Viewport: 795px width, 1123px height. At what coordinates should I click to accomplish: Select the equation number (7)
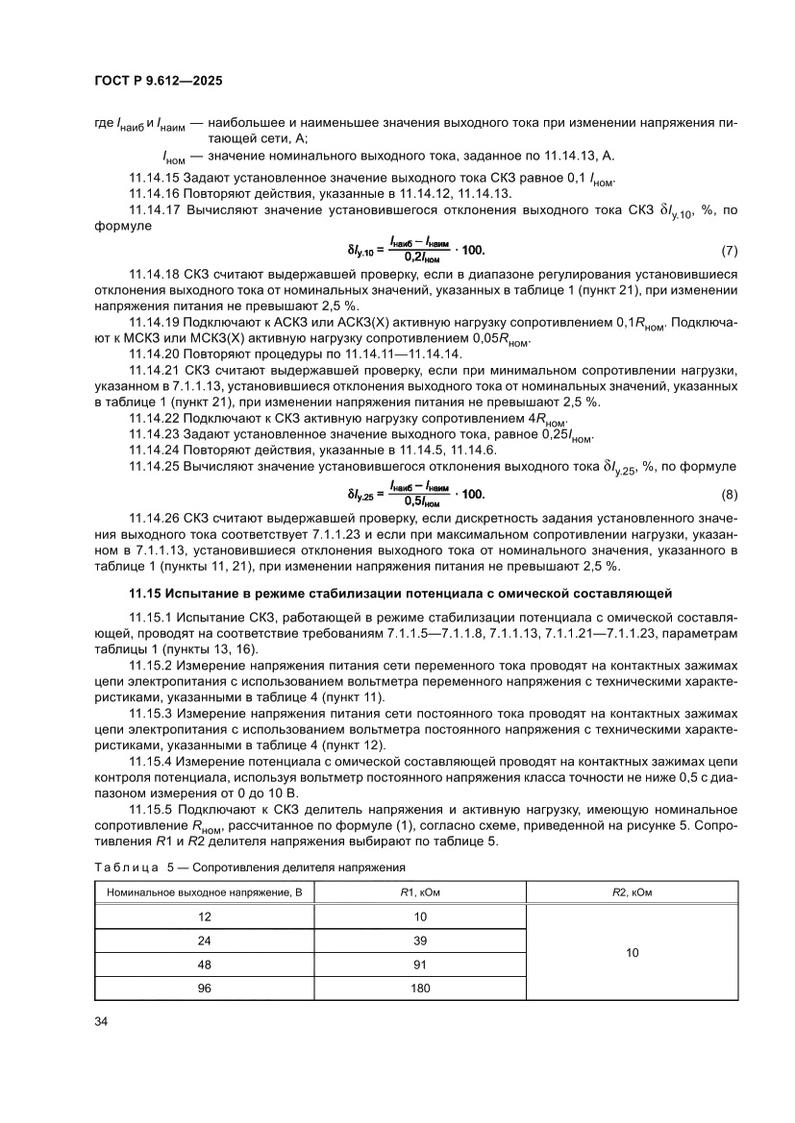(x=729, y=252)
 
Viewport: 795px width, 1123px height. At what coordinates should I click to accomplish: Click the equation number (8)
(x=729, y=495)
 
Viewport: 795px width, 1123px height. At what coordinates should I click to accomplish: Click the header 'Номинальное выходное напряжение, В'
(x=205, y=892)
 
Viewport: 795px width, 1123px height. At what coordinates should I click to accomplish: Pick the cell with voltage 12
(x=205, y=916)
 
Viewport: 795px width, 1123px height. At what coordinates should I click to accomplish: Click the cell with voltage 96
(x=205, y=988)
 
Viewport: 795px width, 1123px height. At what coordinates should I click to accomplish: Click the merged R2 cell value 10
(x=632, y=952)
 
